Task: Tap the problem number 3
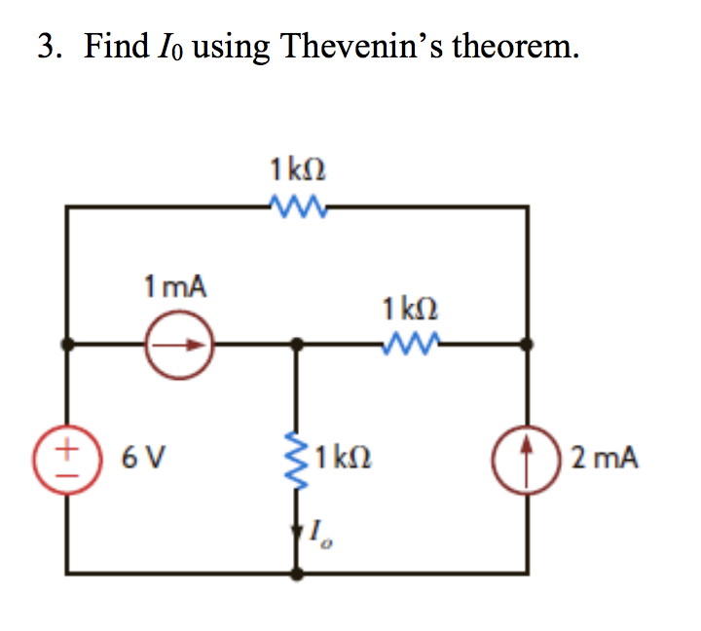(x=46, y=46)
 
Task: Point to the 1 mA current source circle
(x=180, y=344)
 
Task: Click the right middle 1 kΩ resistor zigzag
(x=412, y=343)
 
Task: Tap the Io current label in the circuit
(x=318, y=533)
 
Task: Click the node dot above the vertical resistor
(x=299, y=344)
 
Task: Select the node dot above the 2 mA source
(x=527, y=344)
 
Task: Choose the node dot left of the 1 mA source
(x=66, y=344)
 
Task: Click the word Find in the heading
(x=115, y=46)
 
